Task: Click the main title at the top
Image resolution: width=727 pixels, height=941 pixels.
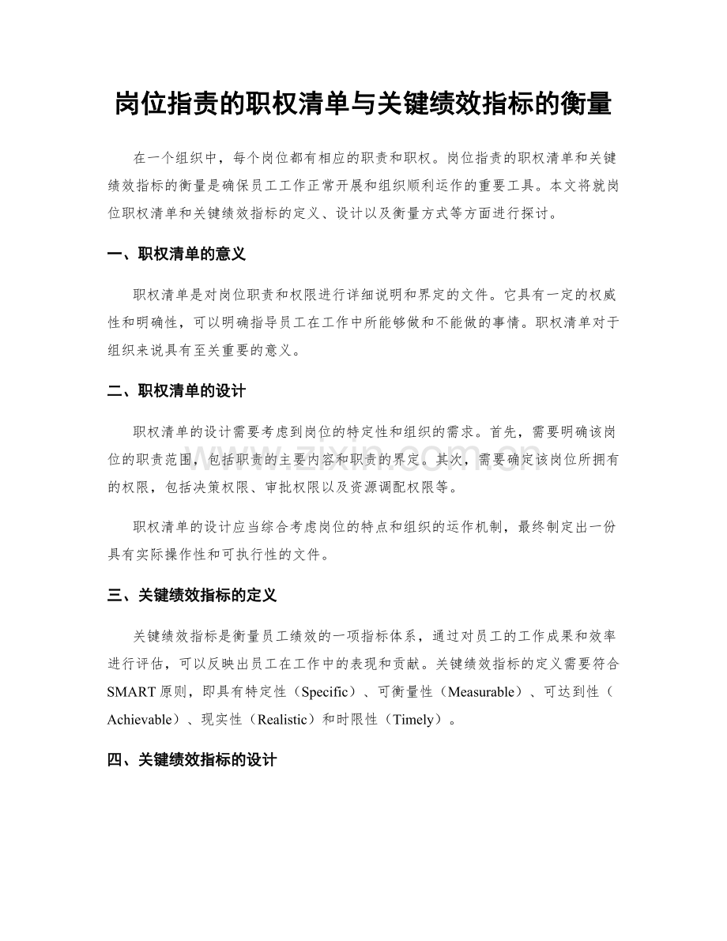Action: [x=363, y=103]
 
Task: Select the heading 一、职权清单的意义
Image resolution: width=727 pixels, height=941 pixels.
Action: [x=176, y=254]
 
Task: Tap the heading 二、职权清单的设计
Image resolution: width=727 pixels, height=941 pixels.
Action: [x=176, y=391]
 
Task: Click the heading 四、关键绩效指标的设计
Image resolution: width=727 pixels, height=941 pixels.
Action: [x=191, y=760]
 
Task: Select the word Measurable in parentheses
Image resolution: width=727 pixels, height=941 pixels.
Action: [x=485, y=692]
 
